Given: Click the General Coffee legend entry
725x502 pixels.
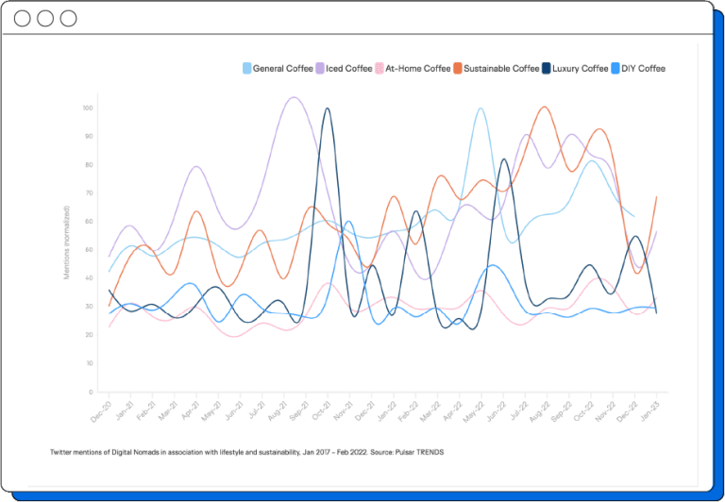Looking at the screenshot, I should [278, 68].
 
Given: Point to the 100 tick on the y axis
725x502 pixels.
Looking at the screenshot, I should [88, 108].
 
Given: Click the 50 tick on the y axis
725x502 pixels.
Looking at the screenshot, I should [89, 249].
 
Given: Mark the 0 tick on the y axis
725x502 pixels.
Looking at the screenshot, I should [91, 392].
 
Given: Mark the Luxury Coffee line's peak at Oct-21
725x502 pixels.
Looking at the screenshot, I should [327, 109].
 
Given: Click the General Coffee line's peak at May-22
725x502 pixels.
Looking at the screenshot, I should [481, 109].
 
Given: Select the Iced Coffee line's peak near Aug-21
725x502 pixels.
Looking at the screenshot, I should [294, 97].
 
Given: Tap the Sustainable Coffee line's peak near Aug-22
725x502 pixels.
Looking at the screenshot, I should [543, 107].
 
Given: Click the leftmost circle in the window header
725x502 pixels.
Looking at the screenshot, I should [23, 19].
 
